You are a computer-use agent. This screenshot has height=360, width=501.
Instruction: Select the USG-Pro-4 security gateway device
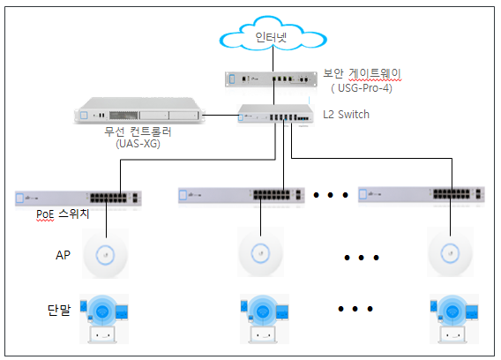point(272,79)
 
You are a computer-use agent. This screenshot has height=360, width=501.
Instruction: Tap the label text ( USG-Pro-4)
point(362,88)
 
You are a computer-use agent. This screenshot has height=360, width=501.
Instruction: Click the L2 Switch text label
point(346,114)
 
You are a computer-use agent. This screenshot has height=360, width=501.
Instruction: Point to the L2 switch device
point(275,114)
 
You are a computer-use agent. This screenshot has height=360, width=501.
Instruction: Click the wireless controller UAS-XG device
point(139,110)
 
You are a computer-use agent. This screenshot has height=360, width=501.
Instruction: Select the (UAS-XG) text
point(138,144)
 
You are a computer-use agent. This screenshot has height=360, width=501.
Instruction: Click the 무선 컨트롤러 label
point(138,131)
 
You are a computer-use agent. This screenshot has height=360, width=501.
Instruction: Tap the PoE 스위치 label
point(63,214)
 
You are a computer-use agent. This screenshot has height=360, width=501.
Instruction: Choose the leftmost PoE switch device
point(79,199)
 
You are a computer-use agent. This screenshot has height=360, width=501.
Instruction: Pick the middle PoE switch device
point(242,195)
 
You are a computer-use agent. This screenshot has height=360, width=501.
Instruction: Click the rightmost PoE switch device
point(422,194)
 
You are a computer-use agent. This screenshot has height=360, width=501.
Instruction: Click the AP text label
point(63,255)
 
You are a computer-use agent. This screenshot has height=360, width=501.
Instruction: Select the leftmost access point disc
point(106,255)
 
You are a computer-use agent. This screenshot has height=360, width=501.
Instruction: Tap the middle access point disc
point(260,253)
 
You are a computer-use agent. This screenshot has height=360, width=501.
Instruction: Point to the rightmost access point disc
point(450,253)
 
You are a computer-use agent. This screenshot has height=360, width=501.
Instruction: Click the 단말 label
point(59,310)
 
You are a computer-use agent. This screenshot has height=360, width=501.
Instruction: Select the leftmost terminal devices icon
point(104,319)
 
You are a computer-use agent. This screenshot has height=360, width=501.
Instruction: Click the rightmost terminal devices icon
point(454,319)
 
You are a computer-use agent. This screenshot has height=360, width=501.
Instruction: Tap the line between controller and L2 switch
point(220,115)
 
